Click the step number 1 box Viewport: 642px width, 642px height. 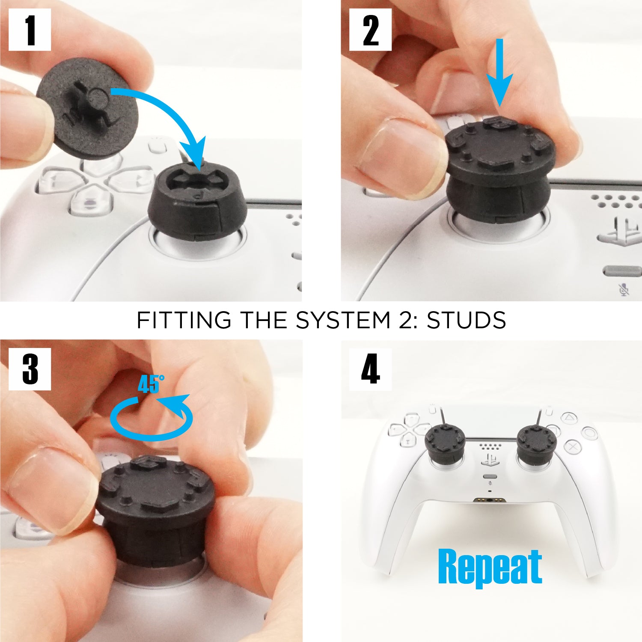pyautogui.click(x=30, y=30)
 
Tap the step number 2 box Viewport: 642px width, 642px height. pyautogui.click(x=370, y=30)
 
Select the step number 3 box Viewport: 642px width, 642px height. pyautogui.click(x=30, y=369)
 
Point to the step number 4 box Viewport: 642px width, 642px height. pyautogui.click(x=370, y=369)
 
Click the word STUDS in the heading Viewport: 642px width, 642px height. pyautogui.click(x=467, y=320)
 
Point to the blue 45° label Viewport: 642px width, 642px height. pyautogui.click(x=151, y=384)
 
